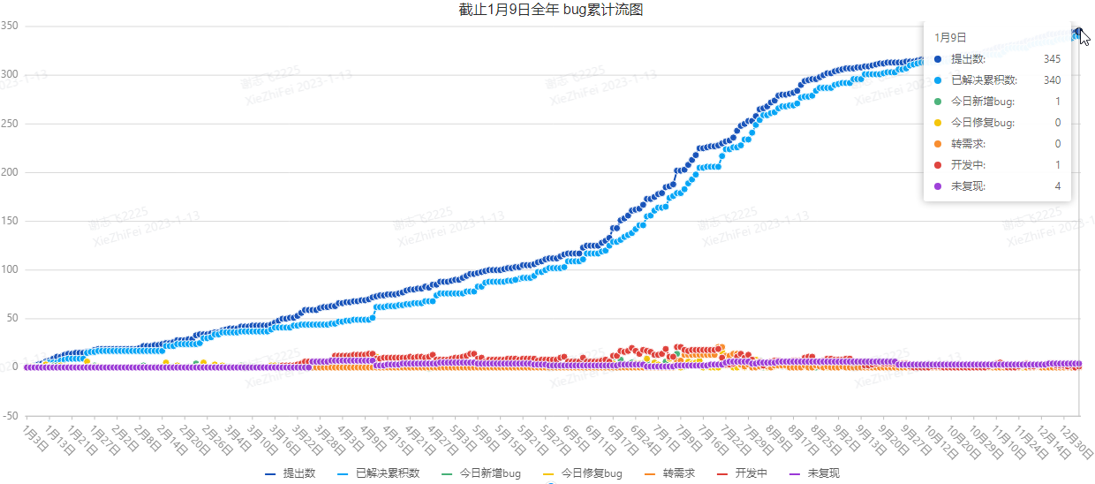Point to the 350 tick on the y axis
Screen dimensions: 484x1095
(11, 26)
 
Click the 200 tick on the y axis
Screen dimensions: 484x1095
(11, 172)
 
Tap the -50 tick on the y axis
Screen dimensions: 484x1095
(11, 415)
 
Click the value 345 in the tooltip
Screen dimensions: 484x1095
(1052, 59)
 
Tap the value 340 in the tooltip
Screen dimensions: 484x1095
(1052, 80)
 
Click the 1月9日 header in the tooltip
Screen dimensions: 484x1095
(950, 37)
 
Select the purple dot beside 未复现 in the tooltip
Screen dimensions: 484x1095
(938, 186)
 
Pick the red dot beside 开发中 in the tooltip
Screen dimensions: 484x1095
(938, 165)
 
